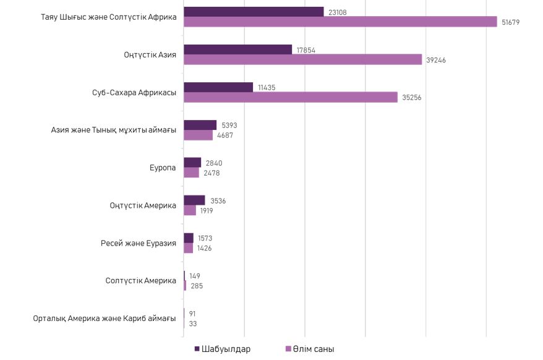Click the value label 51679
coord(511,22)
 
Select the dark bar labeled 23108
coord(254,12)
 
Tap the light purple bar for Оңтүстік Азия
coord(302,59)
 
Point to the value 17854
coord(306,50)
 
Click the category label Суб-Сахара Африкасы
coord(130,93)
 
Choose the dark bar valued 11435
coord(218,87)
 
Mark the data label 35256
coord(411,98)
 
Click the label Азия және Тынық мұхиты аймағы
coord(114,131)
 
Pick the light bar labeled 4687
coord(198,135)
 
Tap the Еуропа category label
coord(163,168)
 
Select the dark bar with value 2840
coord(192,163)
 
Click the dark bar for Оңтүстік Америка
coord(194,200)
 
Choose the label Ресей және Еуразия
coord(139,243)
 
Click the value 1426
coord(205,248)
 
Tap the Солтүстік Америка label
coord(141,281)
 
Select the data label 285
coord(197,286)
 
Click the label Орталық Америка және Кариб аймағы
coord(105,319)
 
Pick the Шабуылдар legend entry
coord(222,349)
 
